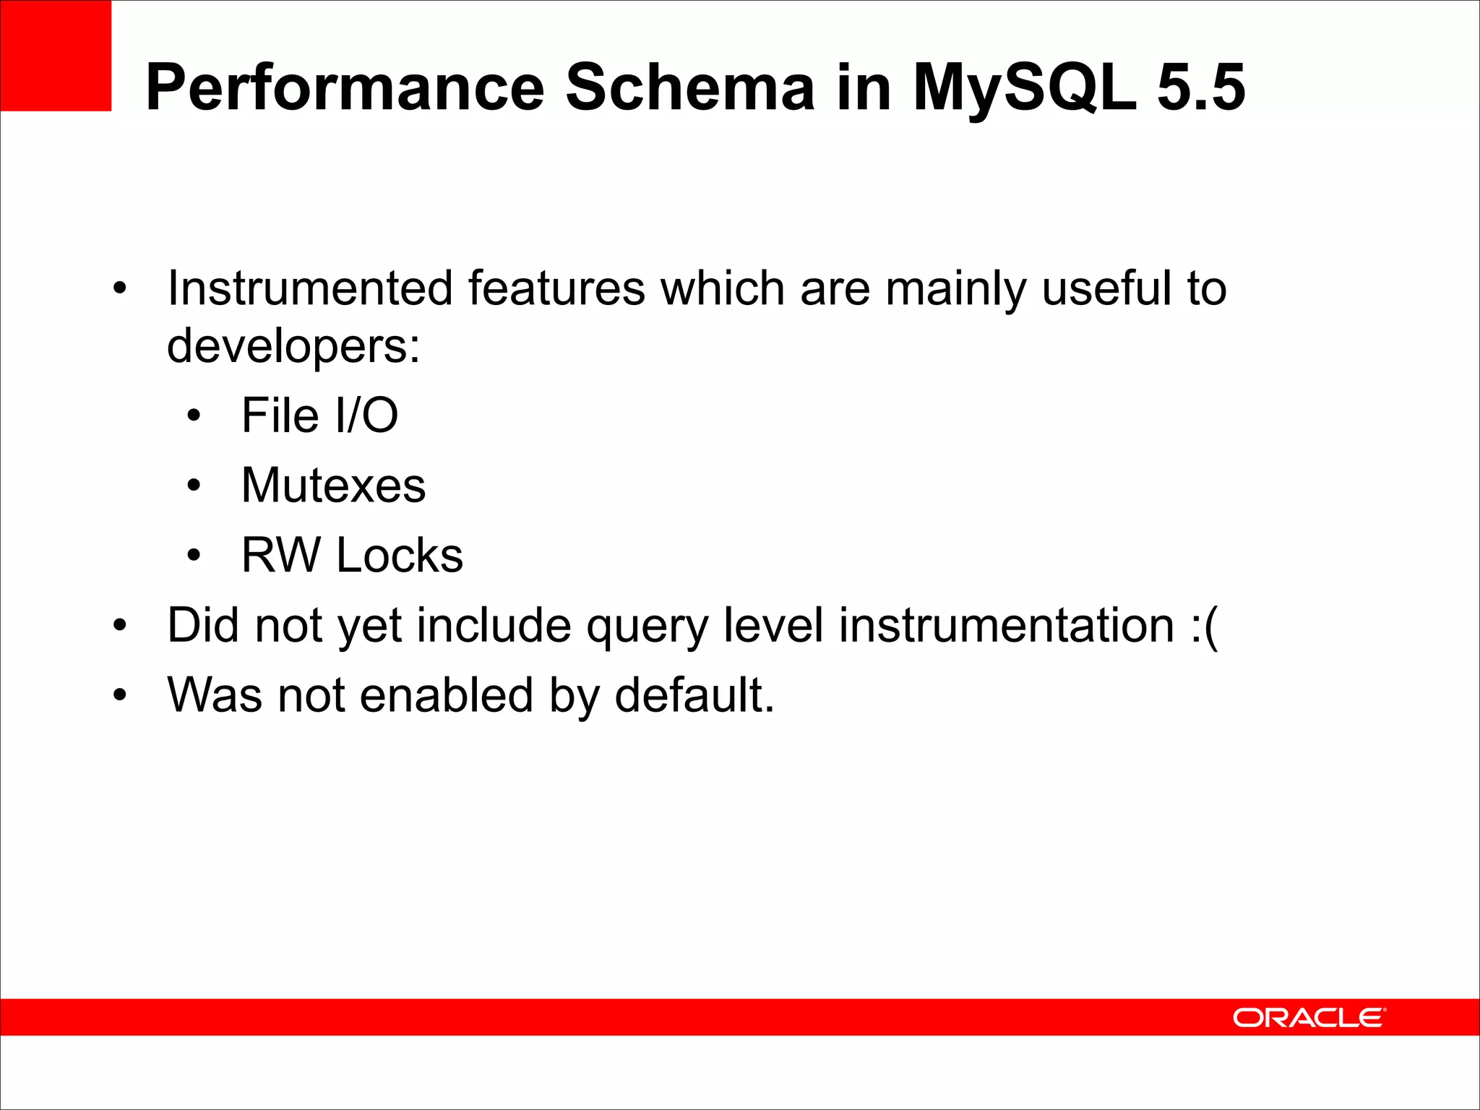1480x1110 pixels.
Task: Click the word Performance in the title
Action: tap(345, 87)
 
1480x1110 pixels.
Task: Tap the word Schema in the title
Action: tap(690, 87)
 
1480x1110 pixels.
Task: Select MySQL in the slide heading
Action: tap(1023, 87)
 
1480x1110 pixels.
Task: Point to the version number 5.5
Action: tap(1201, 87)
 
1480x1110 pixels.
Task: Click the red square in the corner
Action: tap(56, 56)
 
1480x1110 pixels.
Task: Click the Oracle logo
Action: tap(1309, 1017)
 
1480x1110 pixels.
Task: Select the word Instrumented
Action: tap(310, 288)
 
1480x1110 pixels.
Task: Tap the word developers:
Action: tap(293, 346)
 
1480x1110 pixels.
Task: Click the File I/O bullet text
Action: tap(319, 416)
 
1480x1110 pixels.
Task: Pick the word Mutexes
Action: tap(333, 485)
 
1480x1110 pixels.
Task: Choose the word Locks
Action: tap(400, 555)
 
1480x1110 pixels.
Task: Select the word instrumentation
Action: tap(1006, 625)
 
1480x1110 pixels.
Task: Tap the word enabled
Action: tap(447, 694)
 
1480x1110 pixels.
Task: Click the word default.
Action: tap(694, 694)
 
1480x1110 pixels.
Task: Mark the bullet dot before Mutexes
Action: tap(193, 486)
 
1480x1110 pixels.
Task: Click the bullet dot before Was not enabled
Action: tap(120, 695)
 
